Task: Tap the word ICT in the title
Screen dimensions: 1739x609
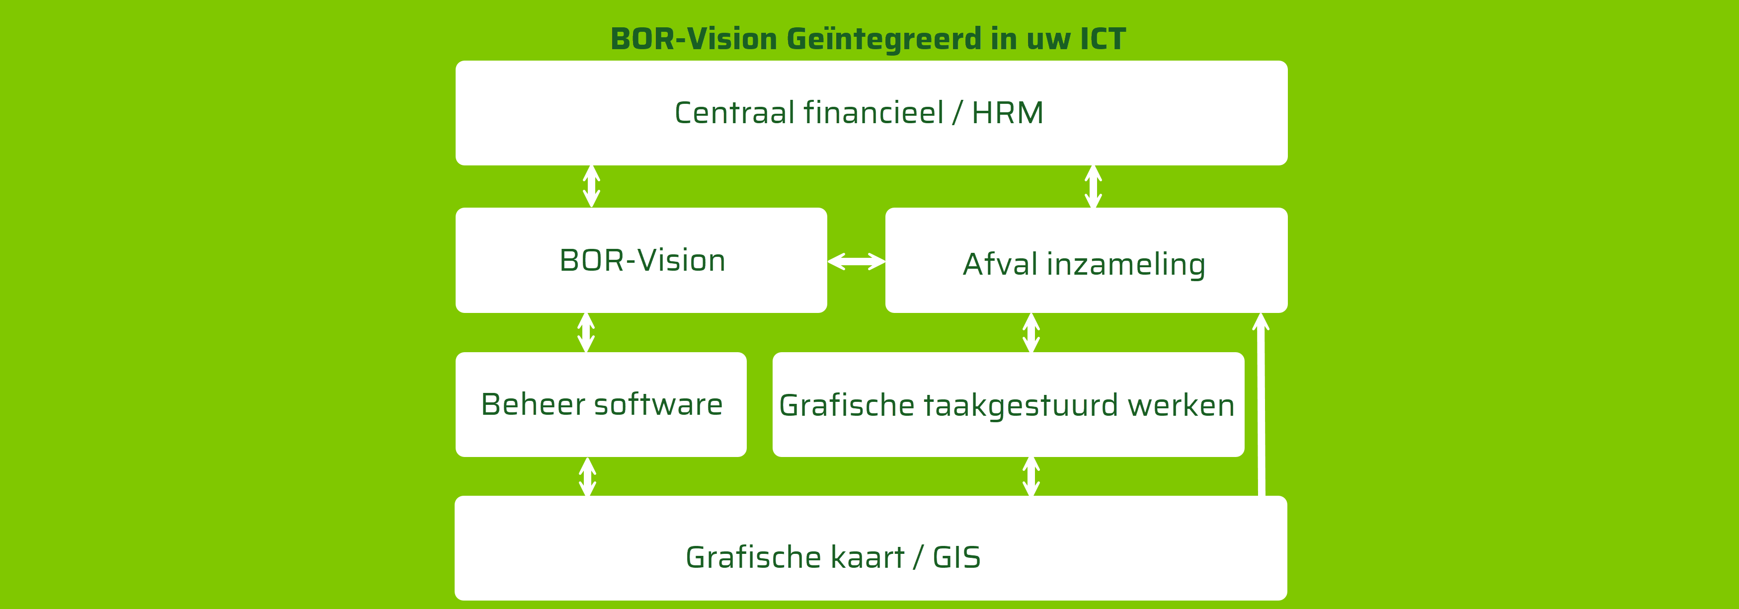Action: pos(1103,38)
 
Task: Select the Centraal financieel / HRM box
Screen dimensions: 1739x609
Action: pos(871,113)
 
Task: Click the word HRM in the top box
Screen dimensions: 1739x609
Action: pos(1007,113)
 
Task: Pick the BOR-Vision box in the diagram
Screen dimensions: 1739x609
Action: pos(641,260)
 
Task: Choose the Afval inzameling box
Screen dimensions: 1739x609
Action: pos(1086,260)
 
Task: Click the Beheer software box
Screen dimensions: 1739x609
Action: pos(601,404)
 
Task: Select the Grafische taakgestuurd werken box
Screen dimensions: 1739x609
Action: pos(1008,404)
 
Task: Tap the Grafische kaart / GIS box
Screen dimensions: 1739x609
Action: pos(871,548)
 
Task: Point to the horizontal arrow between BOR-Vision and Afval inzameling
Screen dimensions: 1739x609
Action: pos(856,261)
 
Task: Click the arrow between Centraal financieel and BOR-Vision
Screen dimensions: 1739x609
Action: pos(591,186)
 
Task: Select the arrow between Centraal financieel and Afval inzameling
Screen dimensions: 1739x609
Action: pos(1093,186)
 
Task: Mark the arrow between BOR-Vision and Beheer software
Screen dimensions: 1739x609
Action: pos(586,332)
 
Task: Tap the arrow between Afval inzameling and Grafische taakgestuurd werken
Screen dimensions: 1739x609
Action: pos(1031,332)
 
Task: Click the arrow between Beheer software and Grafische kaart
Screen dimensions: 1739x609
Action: pos(587,477)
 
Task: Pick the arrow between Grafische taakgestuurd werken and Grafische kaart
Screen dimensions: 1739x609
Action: pos(1031,477)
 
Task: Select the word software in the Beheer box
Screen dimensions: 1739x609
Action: pos(658,404)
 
